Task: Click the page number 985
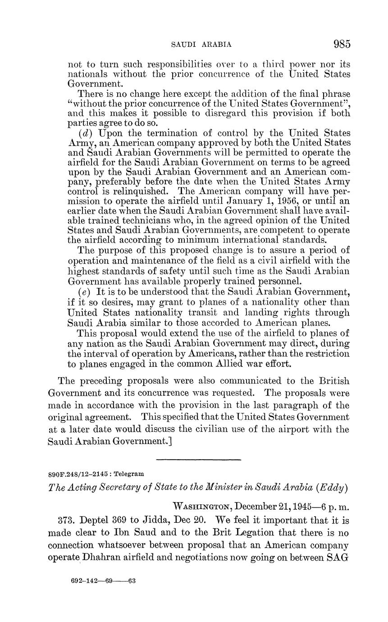point(342,44)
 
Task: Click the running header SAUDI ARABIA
point(201,45)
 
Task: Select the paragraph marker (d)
point(86,133)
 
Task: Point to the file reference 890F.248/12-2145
point(78,474)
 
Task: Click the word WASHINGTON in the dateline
point(202,507)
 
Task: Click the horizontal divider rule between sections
point(198,459)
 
